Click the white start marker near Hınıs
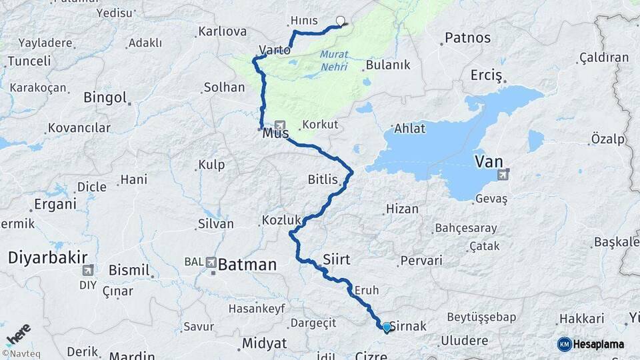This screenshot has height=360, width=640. pyautogui.click(x=341, y=21)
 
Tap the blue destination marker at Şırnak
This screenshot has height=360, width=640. pyautogui.click(x=386, y=327)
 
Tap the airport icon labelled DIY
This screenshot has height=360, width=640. pyautogui.click(x=87, y=270)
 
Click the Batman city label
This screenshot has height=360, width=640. pyautogui.click(x=247, y=265)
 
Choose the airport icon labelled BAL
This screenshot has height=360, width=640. pyautogui.click(x=211, y=263)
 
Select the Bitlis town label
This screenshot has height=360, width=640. pyautogui.click(x=323, y=179)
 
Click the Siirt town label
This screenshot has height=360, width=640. pyautogui.click(x=336, y=258)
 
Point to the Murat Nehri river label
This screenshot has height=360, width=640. pyautogui.click(x=333, y=61)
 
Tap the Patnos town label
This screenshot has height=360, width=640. pyautogui.click(x=467, y=38)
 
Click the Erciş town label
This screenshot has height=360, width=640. pyautogui.click(x=486, y=75)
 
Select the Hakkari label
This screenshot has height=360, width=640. pyautogui.click(x=581, y=319)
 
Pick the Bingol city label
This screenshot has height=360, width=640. pyautogui.click(x=105, y=97)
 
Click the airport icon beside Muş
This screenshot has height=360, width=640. pyautogui.click(x=279, y=125)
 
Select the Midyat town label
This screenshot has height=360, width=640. pyautogui.click(x=264, y=343)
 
